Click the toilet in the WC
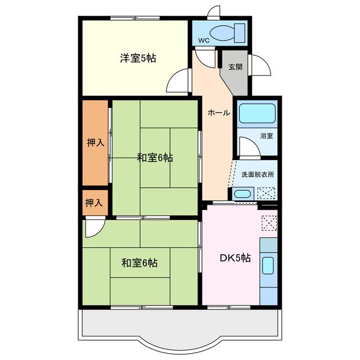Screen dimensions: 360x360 (227, 33)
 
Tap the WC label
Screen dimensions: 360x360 (204, 40)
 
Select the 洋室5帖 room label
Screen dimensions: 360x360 (138, 58)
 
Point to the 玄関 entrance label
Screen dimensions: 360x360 (236, 67)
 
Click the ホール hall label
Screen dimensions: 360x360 (219, 112)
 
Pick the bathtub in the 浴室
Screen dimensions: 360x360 (257, 113)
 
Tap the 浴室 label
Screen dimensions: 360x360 (267, 136)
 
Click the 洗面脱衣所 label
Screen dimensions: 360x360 (258, 174)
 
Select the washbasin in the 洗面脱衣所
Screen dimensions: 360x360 (242, 193)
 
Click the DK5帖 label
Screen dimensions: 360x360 (235, 258)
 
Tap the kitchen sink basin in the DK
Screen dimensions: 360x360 (268, 265)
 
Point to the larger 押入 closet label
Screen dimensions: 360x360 (96, 143)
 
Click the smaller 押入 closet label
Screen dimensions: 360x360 (94, 202)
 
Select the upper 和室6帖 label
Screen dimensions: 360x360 (155, 157)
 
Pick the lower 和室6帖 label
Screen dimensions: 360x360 (139, 263)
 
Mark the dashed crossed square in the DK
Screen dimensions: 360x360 (269, 223)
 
